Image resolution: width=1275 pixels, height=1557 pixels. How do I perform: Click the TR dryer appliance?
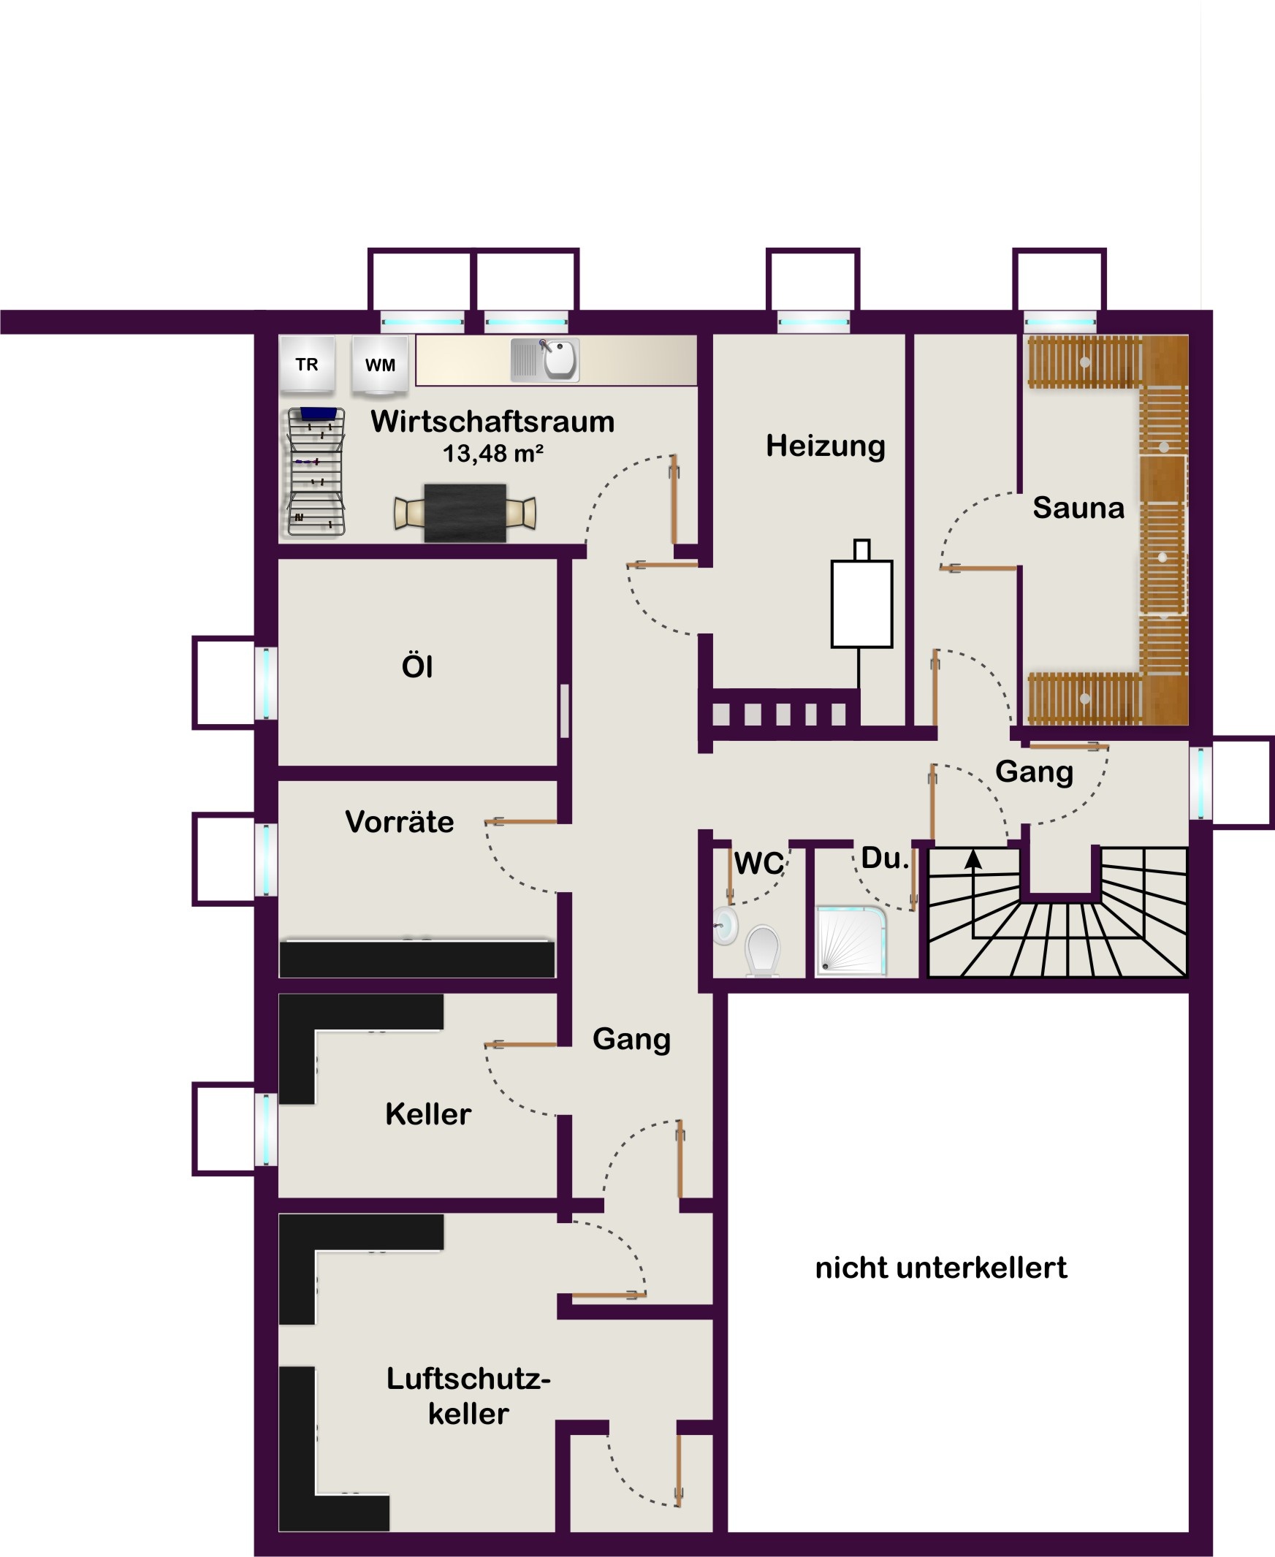click(307, 364)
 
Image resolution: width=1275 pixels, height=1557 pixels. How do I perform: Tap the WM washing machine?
click(380, 365)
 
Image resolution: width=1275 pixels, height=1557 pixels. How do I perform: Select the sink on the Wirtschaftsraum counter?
click(545, 360)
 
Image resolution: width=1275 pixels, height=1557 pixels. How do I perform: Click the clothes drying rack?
click(316, 471)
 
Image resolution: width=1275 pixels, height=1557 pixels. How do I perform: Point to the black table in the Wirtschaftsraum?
click(465, 513)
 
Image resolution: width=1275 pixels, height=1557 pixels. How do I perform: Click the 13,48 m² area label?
click(492, 454)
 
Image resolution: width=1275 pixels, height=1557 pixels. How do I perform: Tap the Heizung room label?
click(826, 446)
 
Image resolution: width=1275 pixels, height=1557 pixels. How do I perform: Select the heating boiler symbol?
click(861, 598)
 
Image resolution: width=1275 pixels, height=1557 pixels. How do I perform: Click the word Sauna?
click(1078, 508)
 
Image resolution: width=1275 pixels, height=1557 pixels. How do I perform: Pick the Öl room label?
click(417, 666)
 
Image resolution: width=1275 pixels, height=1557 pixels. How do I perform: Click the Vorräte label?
click(400, 822)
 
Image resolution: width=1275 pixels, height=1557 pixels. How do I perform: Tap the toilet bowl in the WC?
click(762, 951)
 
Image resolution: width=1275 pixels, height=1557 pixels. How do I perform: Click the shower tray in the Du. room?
click(851, 942)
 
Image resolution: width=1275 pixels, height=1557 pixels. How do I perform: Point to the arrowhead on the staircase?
click(973, 860)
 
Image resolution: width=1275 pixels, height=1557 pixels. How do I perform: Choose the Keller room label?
click(428, 1114)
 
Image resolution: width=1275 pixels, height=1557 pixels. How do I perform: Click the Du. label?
click(885, 858)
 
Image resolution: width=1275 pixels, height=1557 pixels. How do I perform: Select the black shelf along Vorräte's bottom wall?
click(417, 959)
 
